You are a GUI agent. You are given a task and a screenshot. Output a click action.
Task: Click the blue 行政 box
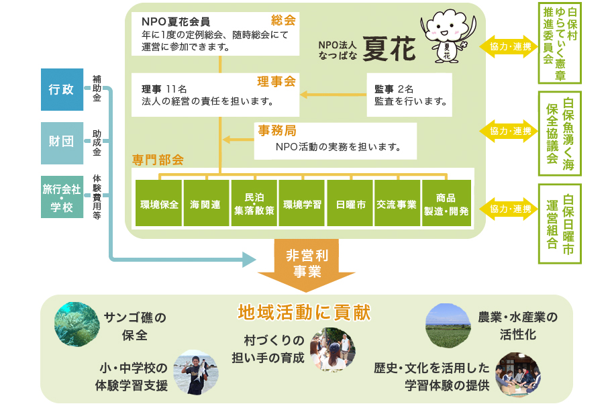tap(62, 89)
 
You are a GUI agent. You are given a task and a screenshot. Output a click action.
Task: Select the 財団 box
tap(62, 142)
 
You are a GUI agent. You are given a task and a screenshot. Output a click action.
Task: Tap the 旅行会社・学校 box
tap(62, 197)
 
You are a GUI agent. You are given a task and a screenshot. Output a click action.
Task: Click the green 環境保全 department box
tap(159, 203)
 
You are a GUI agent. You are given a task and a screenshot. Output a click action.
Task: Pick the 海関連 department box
tap(206, 203)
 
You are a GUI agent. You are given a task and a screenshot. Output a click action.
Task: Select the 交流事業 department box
tap(397, 203)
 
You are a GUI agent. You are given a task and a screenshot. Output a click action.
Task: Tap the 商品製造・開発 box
tap(446, 203)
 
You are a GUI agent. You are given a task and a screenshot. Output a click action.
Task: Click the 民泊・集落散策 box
tap(254, 203)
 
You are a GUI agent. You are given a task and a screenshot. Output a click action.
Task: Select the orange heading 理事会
tap(276, 82)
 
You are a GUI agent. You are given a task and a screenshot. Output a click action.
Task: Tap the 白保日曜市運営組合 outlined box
tap(560, 223)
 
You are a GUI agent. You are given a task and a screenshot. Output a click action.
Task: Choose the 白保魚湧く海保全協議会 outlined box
tap(560, 131)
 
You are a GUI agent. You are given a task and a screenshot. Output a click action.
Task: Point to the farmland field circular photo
tap(448, 325)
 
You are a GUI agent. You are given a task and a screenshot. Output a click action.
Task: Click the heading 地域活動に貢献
tap(304, 312)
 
